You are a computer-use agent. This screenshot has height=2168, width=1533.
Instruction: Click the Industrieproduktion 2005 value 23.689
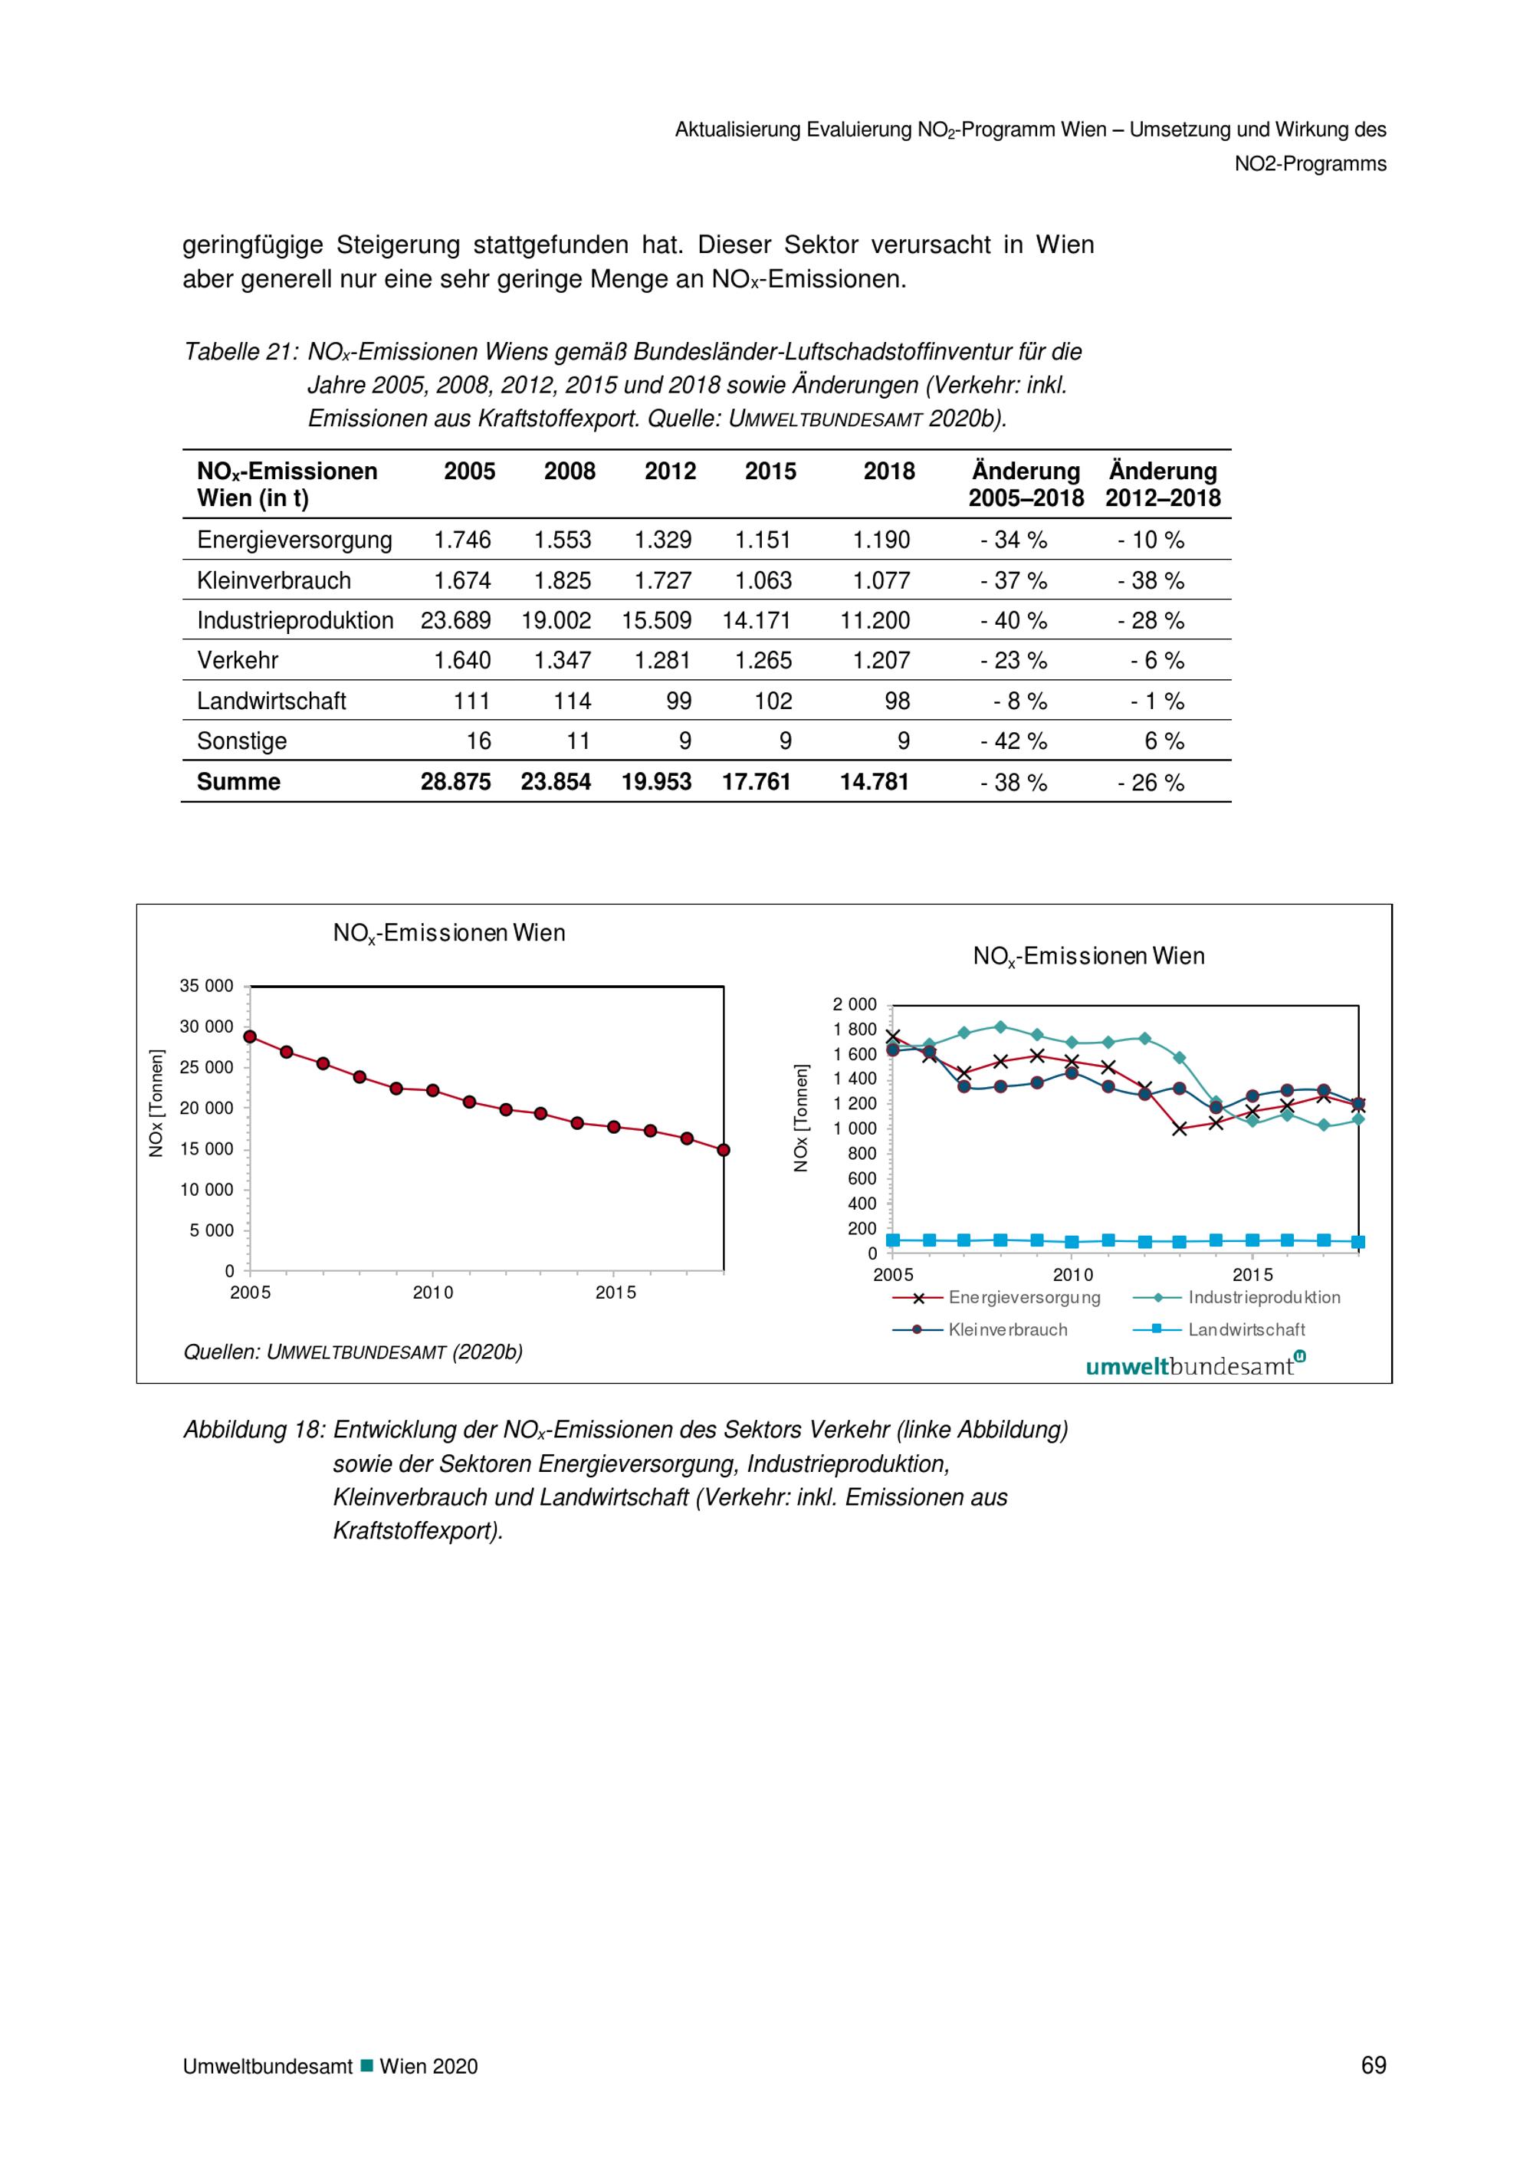pos(456,620)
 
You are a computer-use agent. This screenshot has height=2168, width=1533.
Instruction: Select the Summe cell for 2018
pos(875,782)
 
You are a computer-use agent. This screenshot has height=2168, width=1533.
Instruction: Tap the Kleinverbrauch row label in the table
pos(274,581)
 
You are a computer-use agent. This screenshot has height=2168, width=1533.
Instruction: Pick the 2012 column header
pos(670,471)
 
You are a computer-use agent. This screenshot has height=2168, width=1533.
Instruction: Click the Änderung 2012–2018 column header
pos(1163,485)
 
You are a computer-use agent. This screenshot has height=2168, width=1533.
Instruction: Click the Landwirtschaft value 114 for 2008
pos(572,701)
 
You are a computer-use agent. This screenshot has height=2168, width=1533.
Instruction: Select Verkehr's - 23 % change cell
pos(1014,661)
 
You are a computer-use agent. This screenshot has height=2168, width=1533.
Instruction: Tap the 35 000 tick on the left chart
pos(207,986)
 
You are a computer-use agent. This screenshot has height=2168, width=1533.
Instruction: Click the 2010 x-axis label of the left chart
pos(432,1293)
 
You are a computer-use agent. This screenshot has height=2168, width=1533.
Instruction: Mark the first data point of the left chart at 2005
pos(250,1036)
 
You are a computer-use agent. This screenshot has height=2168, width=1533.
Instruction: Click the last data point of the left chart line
pos(723,1150)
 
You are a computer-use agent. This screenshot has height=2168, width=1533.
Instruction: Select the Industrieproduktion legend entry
pos(1236,1297)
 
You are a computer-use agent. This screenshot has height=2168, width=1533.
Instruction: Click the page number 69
pos(1374,2065)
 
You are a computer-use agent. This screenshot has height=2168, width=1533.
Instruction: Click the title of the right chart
pos(1088,957)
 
